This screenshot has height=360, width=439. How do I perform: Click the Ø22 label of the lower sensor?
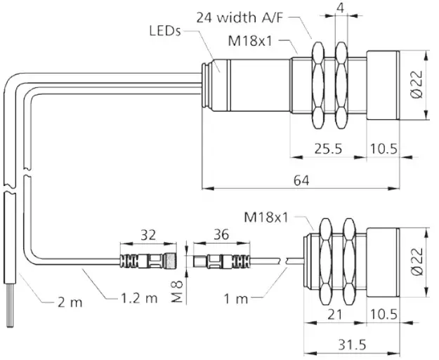(417, 260)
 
